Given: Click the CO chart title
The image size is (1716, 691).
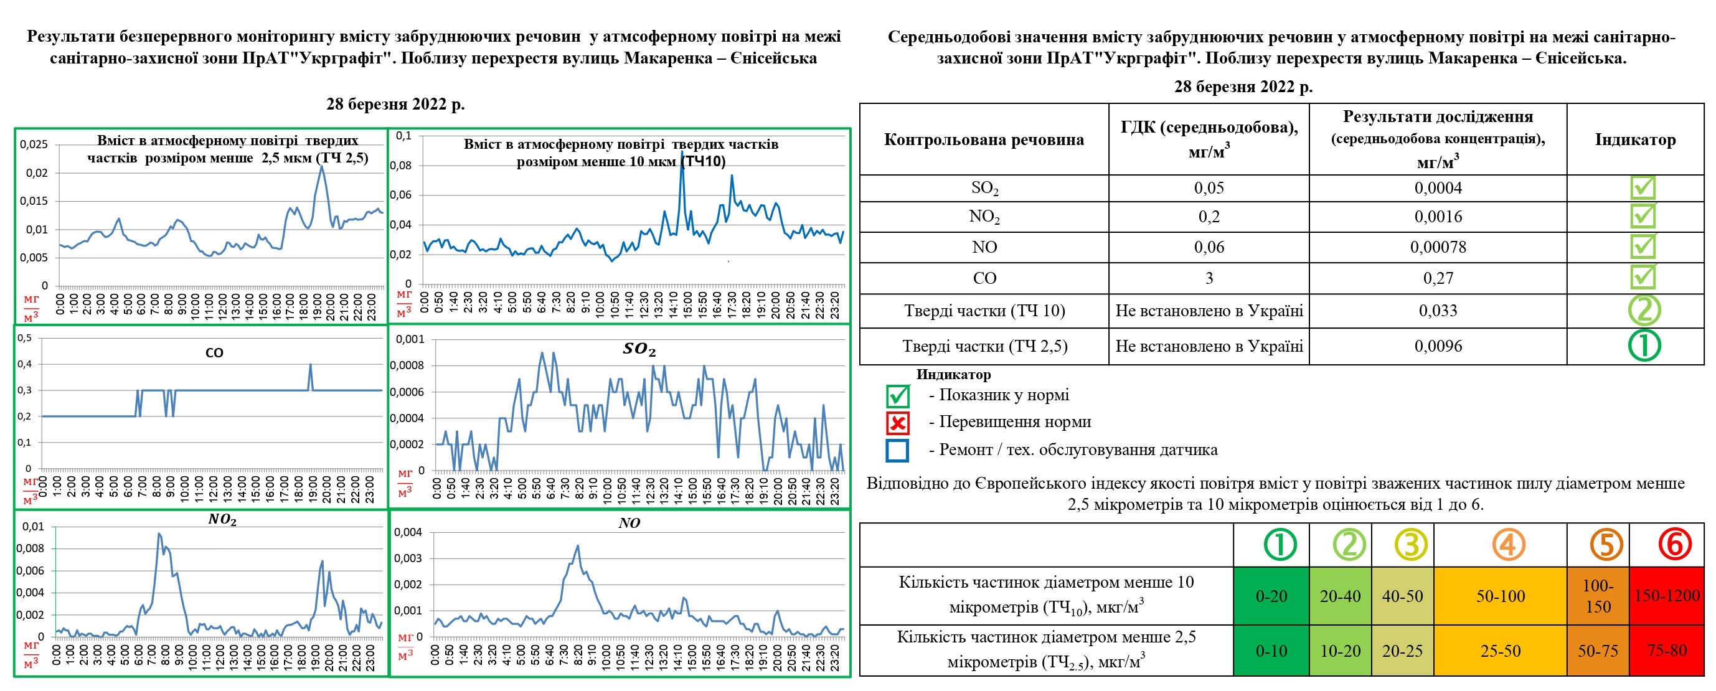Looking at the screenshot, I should coord(214,352).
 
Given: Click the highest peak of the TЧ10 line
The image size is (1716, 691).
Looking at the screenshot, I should coord(681,153).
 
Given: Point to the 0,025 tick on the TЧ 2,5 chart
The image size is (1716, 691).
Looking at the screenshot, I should coord(33,144).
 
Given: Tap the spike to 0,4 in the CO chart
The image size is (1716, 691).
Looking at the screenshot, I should coord(309,365).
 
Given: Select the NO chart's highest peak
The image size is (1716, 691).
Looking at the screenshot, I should coord(577,547).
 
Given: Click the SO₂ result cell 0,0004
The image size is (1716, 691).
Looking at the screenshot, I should coord(1438,189).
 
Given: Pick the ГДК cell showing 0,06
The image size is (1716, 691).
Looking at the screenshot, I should coord(1209,247).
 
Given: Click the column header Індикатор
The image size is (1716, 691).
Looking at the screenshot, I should coord(1634,140).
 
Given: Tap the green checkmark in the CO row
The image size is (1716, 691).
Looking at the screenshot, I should coord(1643,277).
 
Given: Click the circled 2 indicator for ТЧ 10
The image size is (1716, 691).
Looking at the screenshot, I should coord(1644,309).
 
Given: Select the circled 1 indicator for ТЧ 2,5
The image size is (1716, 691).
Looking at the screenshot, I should coord(1644,345).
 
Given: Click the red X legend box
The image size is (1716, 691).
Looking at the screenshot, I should coord(897,423).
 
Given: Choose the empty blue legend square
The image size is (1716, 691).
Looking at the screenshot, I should coord(897,450).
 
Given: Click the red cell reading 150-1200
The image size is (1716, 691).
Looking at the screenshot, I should coord(1667,596).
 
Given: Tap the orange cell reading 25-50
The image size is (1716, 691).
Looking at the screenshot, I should coord(1500,651).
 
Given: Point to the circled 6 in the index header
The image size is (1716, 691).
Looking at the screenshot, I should coord(1674,545).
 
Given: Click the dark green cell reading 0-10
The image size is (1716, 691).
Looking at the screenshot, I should coord(1271,651).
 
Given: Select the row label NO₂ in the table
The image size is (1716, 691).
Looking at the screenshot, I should coord(984,217).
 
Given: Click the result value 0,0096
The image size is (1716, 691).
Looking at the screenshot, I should coord(1438,346).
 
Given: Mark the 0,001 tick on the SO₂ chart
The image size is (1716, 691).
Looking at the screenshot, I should coord(410,339).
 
